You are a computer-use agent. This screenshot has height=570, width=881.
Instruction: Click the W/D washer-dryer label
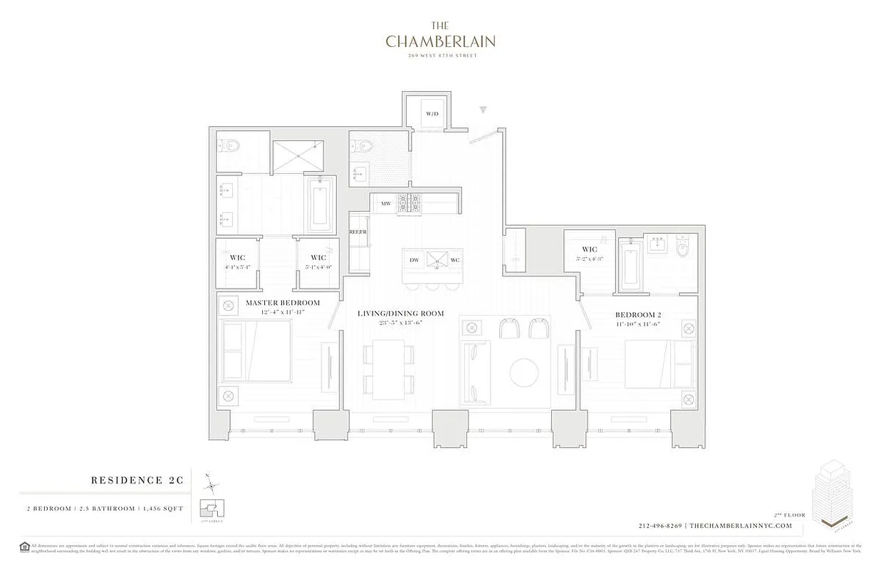tap(432, 114)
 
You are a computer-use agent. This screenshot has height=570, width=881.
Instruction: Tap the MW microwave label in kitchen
tap(386, 204)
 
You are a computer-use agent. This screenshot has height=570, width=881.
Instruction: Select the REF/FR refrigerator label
tap(357, 232)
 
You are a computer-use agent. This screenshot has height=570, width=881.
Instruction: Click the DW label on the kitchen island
tap(414, 260)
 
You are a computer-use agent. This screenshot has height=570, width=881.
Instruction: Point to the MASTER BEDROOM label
tap(283, 303)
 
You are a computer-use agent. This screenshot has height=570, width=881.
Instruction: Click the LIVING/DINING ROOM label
tap(400, 313)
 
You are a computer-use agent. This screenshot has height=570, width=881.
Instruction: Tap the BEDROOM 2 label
tap(637, 314)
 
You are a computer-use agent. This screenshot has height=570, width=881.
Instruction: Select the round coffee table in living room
tap(524, 373)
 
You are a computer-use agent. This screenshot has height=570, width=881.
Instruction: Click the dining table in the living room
tap(388, 369)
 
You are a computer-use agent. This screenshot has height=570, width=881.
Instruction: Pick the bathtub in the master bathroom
tap(320, 206)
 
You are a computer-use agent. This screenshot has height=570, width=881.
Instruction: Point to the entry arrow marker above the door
tap(483, 110)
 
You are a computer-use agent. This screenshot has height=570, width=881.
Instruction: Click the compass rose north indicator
tap(211, 486)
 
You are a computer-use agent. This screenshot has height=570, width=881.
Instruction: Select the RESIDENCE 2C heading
tap(137, 481)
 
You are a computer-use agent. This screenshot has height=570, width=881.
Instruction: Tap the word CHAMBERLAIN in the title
tap(440, 42)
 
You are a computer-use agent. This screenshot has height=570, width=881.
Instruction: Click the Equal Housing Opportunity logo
tap(25, 547)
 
